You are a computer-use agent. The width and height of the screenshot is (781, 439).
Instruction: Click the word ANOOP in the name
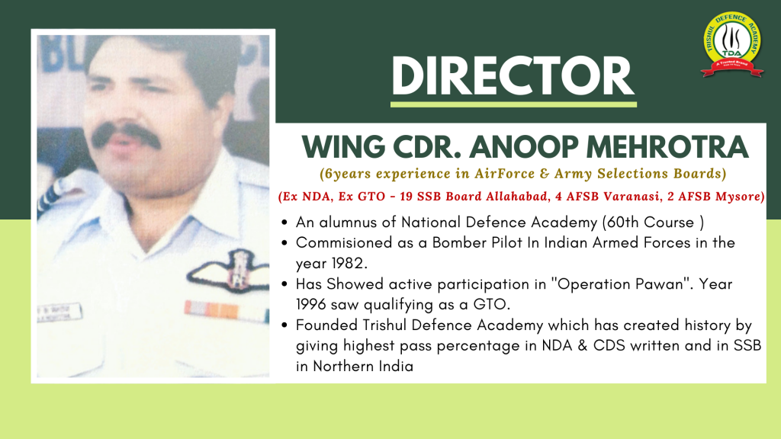523,147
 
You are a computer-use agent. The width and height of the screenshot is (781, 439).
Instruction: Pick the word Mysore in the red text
738,196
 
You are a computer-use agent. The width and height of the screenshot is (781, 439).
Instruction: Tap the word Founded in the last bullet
326,325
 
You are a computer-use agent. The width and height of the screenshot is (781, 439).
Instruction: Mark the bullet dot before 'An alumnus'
284,223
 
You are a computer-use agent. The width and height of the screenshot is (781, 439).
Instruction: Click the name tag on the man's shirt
59,312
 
